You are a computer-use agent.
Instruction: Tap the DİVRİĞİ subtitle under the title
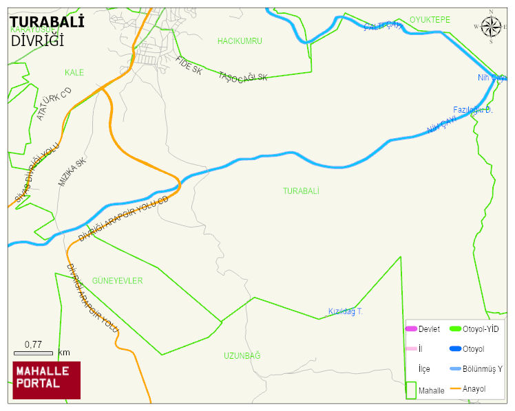click(37, 41)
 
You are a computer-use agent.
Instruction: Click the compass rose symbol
click(491, 27)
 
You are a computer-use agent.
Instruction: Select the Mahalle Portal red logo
click(47, 380)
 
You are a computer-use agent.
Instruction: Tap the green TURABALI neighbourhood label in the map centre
click(301, 191)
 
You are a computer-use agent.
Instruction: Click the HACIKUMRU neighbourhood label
click(240, 41)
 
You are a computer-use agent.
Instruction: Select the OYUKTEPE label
click(430, 20)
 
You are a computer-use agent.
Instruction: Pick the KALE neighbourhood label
click(74, 73)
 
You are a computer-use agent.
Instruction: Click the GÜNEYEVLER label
click(117, 281)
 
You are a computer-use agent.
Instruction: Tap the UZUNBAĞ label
click(242, 355)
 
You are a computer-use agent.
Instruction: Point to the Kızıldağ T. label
click(345, 312)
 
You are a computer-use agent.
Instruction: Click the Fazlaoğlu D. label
click(472, 110)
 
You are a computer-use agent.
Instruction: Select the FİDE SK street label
click(189, 66)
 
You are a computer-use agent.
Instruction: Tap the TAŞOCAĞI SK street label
click(242, 78)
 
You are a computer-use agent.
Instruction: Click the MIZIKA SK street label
click(72, 173)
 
